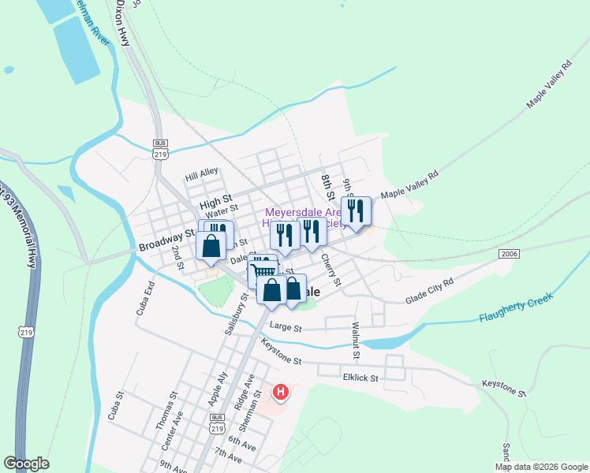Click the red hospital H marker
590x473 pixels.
point(279,391)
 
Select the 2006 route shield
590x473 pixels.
point(510,254)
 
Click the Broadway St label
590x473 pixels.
point(166,240)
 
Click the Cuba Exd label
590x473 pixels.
point(143,298)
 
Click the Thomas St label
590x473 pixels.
point(164,413)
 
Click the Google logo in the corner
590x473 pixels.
point(26,464)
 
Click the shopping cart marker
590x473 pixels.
point(263,271)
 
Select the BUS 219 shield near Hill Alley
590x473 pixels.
point(160,149)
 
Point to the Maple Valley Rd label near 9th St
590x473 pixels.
point(409,186)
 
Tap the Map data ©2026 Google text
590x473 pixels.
point(540,467)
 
